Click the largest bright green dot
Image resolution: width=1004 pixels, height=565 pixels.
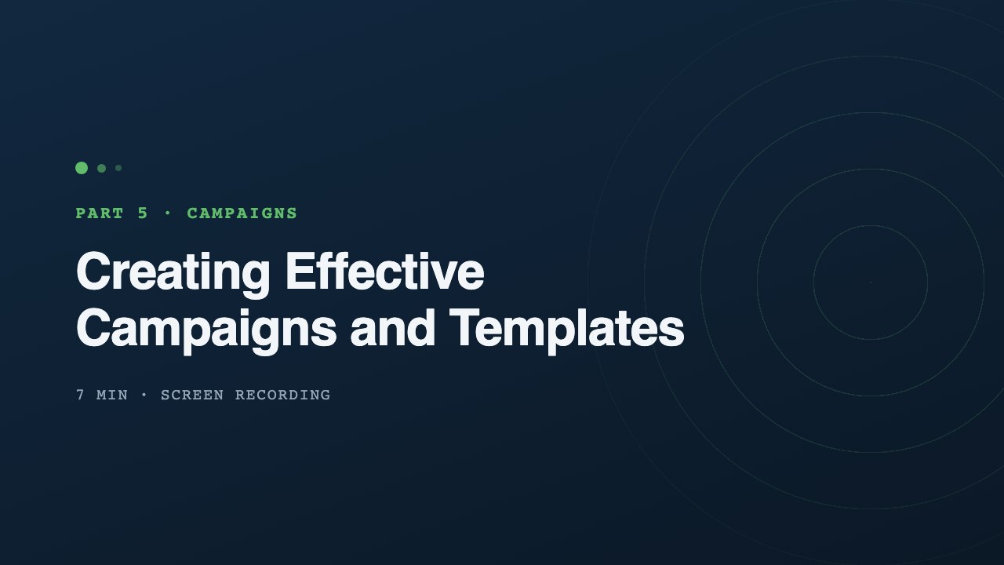point(82,168)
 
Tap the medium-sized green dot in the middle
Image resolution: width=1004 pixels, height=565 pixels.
point(102,168)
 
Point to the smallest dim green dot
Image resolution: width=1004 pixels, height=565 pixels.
point(118,168)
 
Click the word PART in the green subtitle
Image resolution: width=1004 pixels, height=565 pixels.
point(100,213)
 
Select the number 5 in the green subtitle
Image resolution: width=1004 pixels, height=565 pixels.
point(143,213)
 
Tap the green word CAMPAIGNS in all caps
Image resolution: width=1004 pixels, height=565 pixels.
point(242,213)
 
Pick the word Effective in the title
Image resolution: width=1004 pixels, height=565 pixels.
point(385,272)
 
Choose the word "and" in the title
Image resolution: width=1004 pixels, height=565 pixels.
point(393,328)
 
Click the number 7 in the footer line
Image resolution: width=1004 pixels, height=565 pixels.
point(80,395)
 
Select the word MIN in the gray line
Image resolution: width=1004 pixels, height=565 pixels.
point(112,395)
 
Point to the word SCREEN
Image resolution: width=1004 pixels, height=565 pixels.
point(192,395)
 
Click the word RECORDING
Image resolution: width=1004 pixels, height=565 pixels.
point(283,395)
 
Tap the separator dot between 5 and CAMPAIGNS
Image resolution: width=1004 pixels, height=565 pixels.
point(168,213)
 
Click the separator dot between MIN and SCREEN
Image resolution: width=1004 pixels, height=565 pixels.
point(144,395)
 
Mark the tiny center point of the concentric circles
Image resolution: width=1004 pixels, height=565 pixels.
point(871,282)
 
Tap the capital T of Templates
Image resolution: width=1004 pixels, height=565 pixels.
point(466,328)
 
